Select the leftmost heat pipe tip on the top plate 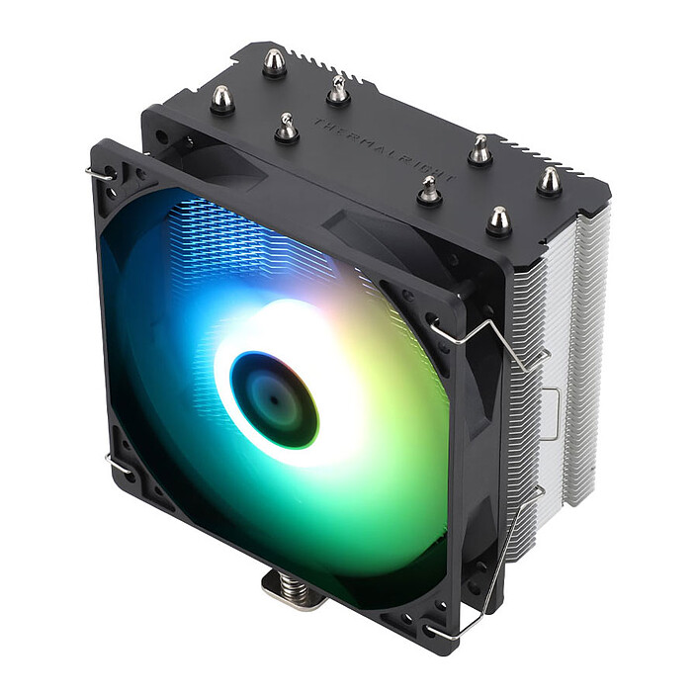click(221, 99)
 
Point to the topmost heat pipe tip click(274, 62)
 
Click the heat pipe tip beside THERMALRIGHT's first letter click(287, 129)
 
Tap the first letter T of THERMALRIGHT click(318, 125)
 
